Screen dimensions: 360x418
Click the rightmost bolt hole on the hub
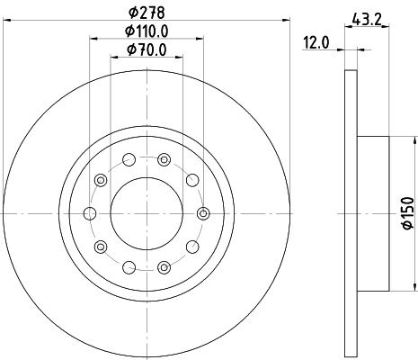(x=203, y=213)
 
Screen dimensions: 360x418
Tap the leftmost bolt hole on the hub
(x=89, y=213)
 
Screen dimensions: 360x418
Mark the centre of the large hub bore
(x=147, y=213)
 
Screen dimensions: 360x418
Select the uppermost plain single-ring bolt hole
(x=129, y=160)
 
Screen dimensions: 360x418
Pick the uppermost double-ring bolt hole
(x=164, y=160)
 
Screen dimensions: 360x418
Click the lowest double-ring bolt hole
(x=164, y=266)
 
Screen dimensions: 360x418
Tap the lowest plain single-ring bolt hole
(x=129, y=266)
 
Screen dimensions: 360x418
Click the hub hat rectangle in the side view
(x=373, y=213)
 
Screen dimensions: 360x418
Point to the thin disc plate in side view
(x=351, y=213)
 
